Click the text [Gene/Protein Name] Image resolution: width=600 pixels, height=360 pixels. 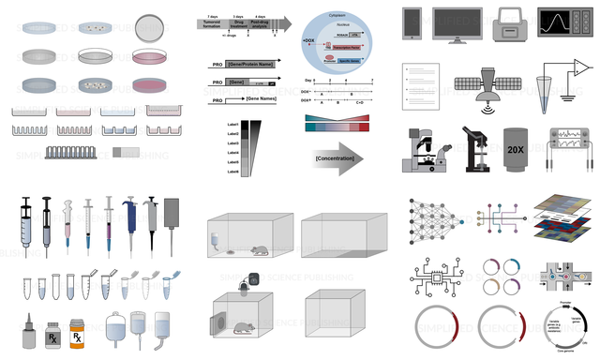pos(245,65)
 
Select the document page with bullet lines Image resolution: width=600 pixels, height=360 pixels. pos(421,82)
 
